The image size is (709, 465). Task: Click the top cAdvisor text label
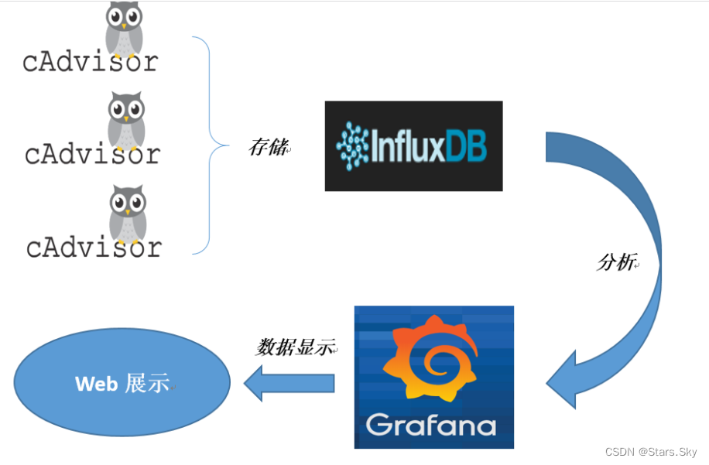[91, 62]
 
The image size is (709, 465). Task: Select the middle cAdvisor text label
[92, 154]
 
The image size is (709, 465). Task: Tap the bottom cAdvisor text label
[94, 248]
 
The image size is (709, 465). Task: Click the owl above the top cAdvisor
[124, 28]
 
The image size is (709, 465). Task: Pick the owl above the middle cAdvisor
[125, 120]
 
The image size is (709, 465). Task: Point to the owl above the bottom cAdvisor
[127, 213]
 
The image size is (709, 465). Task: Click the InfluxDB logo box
[413, 145]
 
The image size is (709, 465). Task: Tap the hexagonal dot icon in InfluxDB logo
[354, 145]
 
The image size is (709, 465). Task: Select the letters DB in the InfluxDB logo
[467, 145]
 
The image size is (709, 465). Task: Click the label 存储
[268, 147]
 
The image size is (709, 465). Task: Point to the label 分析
[616, 262]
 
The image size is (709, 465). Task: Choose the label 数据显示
[295, 347]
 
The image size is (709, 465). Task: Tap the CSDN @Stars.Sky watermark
[650, 452]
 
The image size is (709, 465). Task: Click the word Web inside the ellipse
[97, 383]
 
